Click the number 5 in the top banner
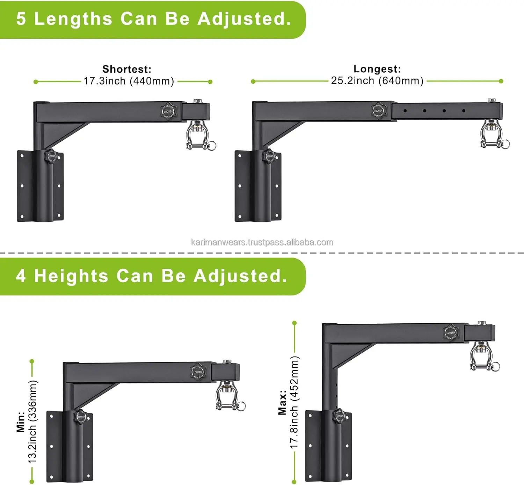21,19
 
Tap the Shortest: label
127,69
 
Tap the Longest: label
377,69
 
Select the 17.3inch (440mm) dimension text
129,81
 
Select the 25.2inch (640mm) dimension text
377,81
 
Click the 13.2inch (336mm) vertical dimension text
32,422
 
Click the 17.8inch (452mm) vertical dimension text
294,402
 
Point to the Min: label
21,422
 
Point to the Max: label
282,402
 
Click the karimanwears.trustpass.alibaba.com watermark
262,242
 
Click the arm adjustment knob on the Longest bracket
378,111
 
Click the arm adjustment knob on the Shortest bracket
168,111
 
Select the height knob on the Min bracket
81,417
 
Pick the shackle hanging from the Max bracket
481,357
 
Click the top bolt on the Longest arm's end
492,101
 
